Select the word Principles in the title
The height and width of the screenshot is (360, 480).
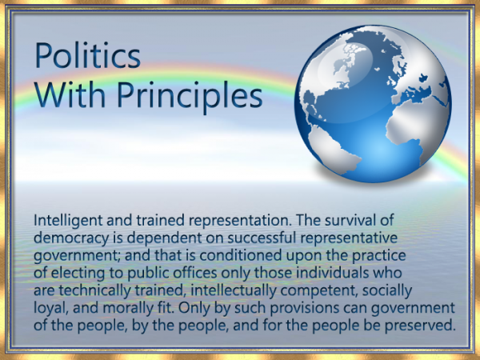[191, 96]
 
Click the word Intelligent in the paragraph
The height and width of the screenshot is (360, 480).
[67, 219]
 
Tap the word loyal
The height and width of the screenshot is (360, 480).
[51, 308]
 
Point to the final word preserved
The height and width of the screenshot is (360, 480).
[424, 326]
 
